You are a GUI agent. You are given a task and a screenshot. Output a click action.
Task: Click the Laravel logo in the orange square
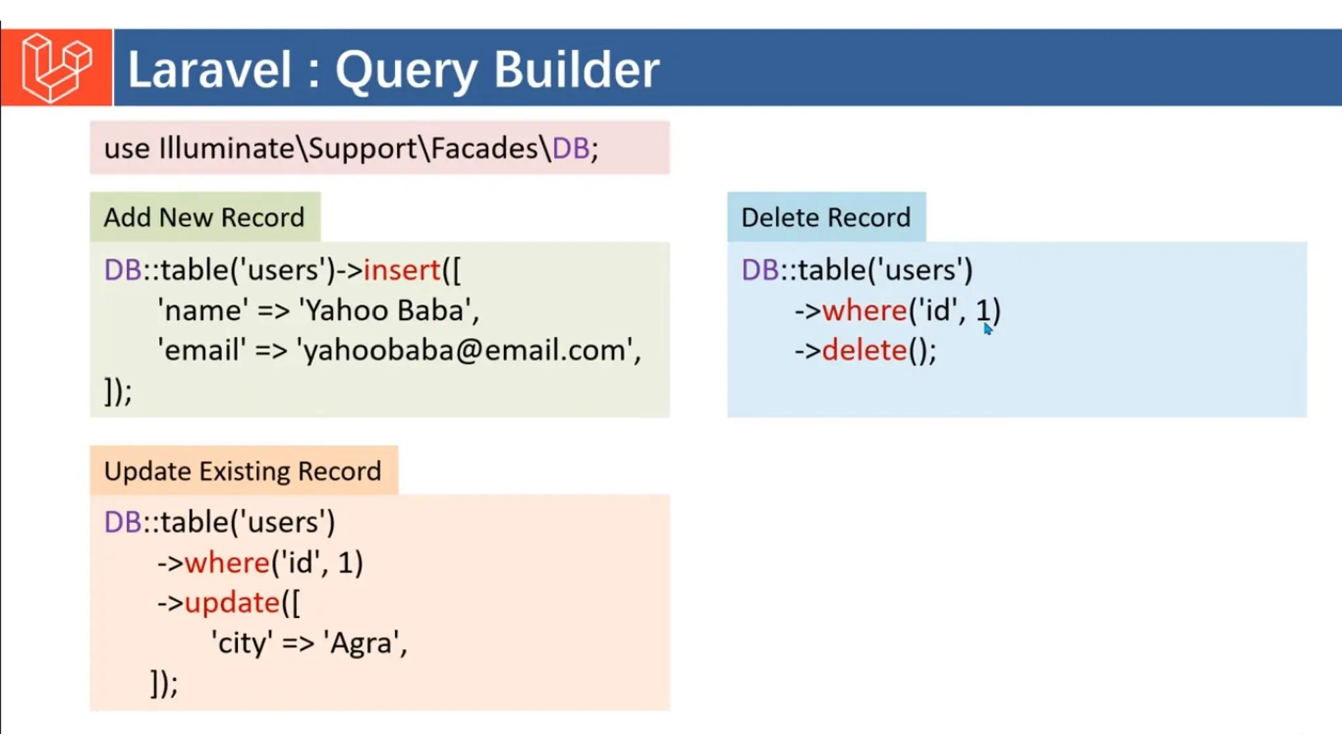point(56,68)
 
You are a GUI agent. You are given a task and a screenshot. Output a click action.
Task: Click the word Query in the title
point(406,69)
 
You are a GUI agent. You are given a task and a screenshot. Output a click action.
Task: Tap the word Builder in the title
point(576,69)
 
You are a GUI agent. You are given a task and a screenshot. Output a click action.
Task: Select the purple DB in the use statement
point(571,148)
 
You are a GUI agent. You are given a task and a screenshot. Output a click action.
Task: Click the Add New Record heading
point(204,217)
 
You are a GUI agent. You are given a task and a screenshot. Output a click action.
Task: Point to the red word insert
point(402,270)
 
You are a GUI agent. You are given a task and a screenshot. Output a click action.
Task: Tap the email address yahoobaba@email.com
point(467,350)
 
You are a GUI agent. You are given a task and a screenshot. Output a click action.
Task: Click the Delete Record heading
point(826,217)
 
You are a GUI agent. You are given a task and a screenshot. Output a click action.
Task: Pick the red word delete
point(864,350)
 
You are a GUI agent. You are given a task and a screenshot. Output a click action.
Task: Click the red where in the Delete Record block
point(864,310)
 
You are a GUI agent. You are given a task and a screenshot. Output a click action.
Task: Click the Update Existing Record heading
point(242,471)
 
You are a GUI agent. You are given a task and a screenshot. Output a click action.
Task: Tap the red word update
point(232,602)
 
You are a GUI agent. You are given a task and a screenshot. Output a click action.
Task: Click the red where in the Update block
point(227,562)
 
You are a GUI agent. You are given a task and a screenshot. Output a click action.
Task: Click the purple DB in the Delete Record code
point(759,270)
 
